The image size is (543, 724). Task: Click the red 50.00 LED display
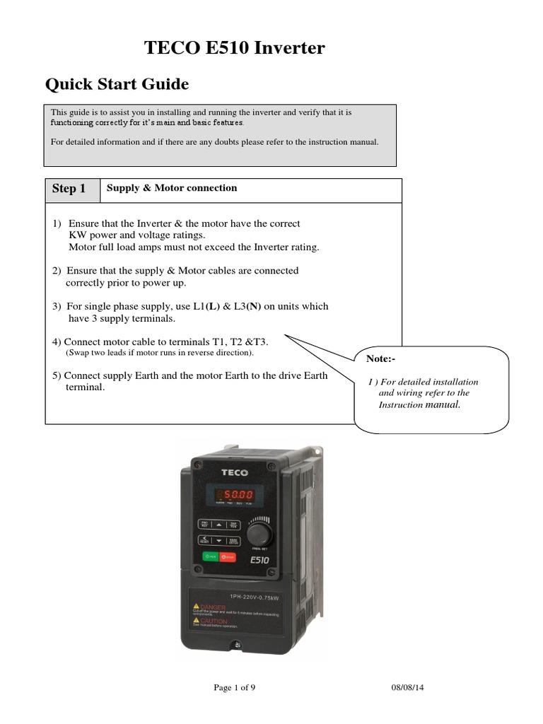click(x=233, y=494)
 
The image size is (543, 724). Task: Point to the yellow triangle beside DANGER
click(x=197, y=606)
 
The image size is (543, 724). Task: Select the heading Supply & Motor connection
click(x=171, y=188)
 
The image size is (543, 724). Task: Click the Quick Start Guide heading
click(x=117, y=85)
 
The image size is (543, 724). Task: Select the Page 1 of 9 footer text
click(x=233, y=687)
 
